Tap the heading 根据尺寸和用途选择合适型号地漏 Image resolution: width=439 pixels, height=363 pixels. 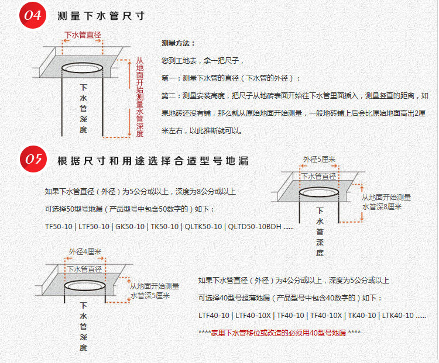[153, 161]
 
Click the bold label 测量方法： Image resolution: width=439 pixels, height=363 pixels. [178, 44]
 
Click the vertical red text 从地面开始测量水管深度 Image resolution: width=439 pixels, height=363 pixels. [139, 96]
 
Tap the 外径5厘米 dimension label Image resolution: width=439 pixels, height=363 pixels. [319, 160]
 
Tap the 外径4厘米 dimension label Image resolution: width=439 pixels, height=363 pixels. [85, 252]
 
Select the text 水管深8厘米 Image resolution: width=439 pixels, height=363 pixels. [382, 206]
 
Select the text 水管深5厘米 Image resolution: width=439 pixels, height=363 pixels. [150, 296]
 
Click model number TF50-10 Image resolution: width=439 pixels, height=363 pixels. [58, 226]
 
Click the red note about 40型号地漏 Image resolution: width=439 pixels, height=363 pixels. [280, 333]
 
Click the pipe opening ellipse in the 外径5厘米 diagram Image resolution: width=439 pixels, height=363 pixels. [319, 192]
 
